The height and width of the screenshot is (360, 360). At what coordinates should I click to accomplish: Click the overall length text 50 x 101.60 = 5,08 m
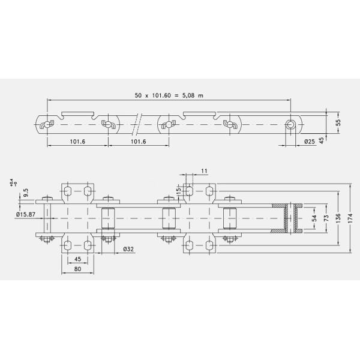(x=170, y=95)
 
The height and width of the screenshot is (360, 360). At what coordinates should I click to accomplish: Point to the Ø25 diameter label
(x=310, y=142)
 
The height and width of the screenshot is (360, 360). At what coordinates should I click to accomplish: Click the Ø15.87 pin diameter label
(x=28, y=214)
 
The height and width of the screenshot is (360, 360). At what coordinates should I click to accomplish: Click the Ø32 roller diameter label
(x=127, y=248)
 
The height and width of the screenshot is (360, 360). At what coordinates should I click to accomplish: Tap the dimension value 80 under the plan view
(x=77, y=269)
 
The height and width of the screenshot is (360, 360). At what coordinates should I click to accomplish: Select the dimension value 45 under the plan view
(x=77, y=259)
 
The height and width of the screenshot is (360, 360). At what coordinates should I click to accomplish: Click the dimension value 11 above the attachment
(x=204, y=172)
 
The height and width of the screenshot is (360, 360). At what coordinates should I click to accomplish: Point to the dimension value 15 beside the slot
(x=178, y=190)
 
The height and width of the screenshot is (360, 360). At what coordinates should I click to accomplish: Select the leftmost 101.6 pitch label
(x=77, y=142)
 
